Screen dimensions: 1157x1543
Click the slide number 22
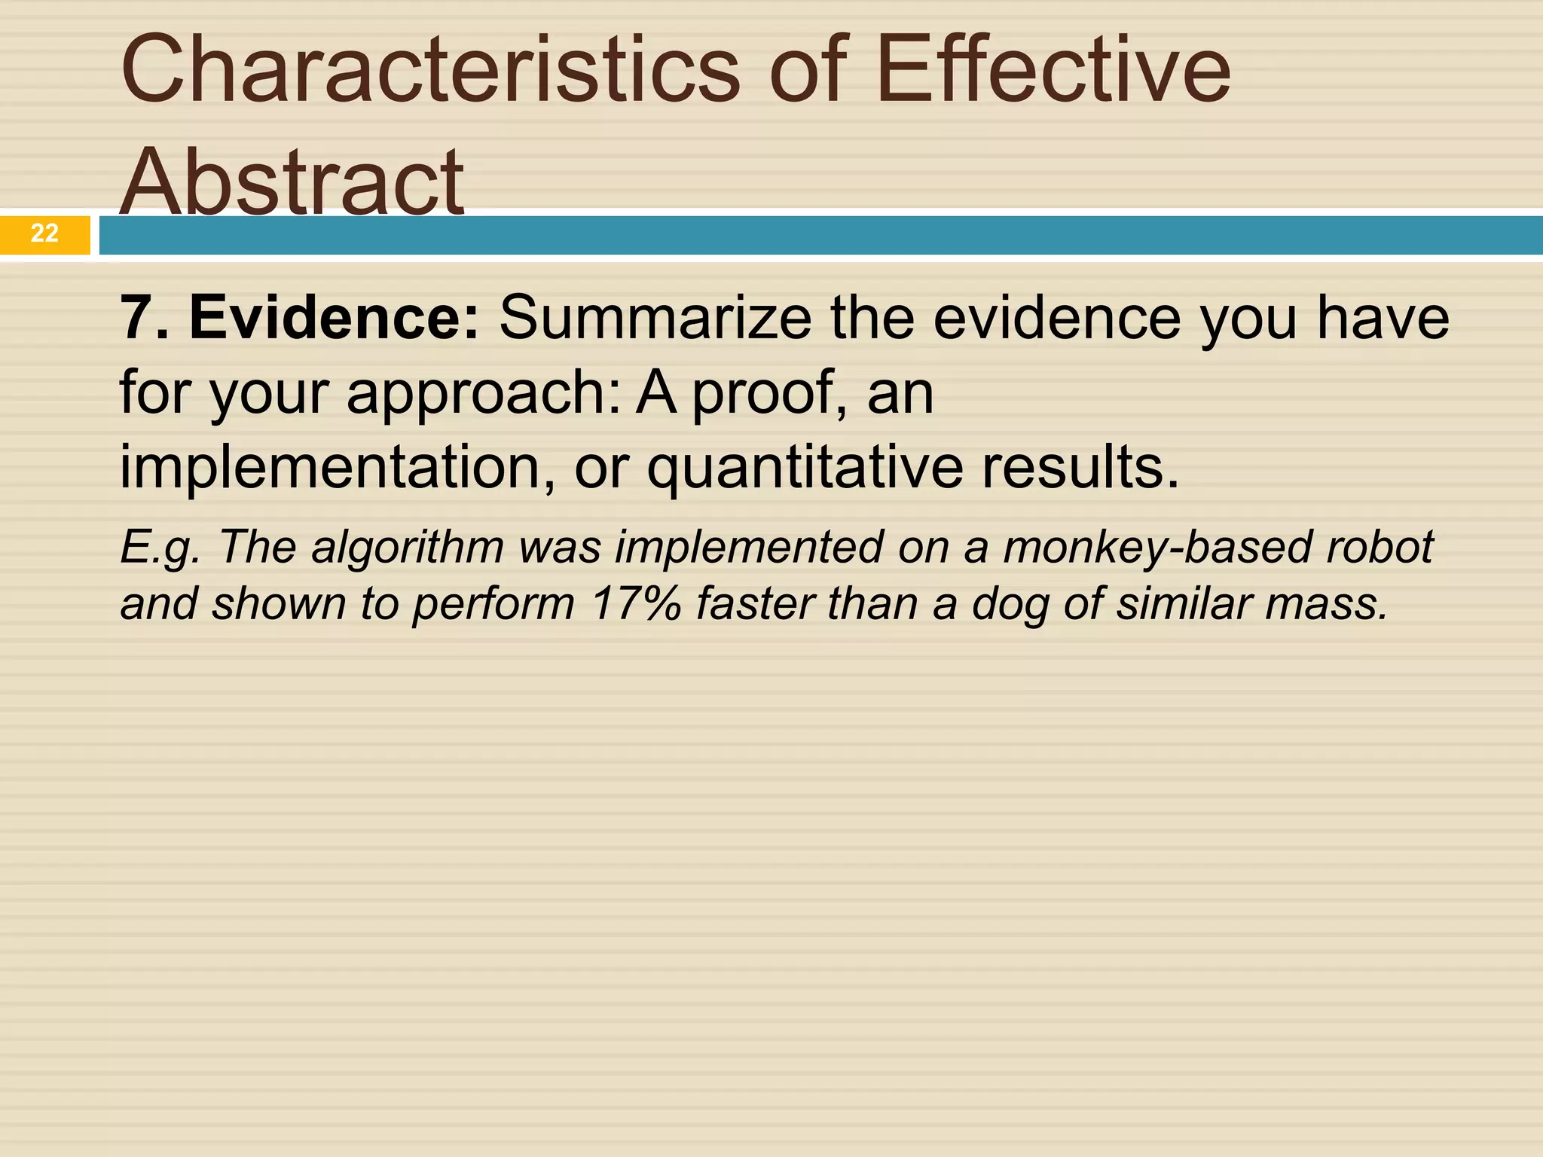click(x=44, y=234)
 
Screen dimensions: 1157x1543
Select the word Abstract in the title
click(x=292, y=182)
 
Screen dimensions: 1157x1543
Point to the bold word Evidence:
click(x=334, y=318)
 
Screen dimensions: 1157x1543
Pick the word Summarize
click(x=655, y=318)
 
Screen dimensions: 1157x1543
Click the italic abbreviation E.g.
click(x=160, y=548)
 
